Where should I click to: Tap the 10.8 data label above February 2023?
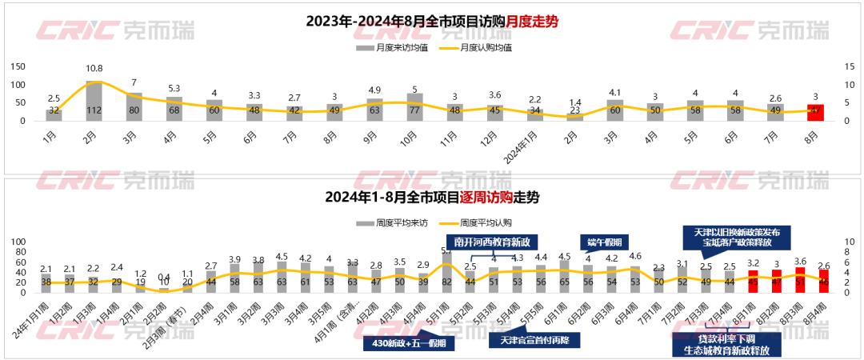pyautogui.click(x=94, y=69)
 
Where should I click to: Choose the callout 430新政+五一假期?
pyautogui.click(x=407, y=344)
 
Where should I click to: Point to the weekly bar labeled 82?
pyautogui.click(x=447, y=273)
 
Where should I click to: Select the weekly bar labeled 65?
pyautogui.click(x=565, y=277)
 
